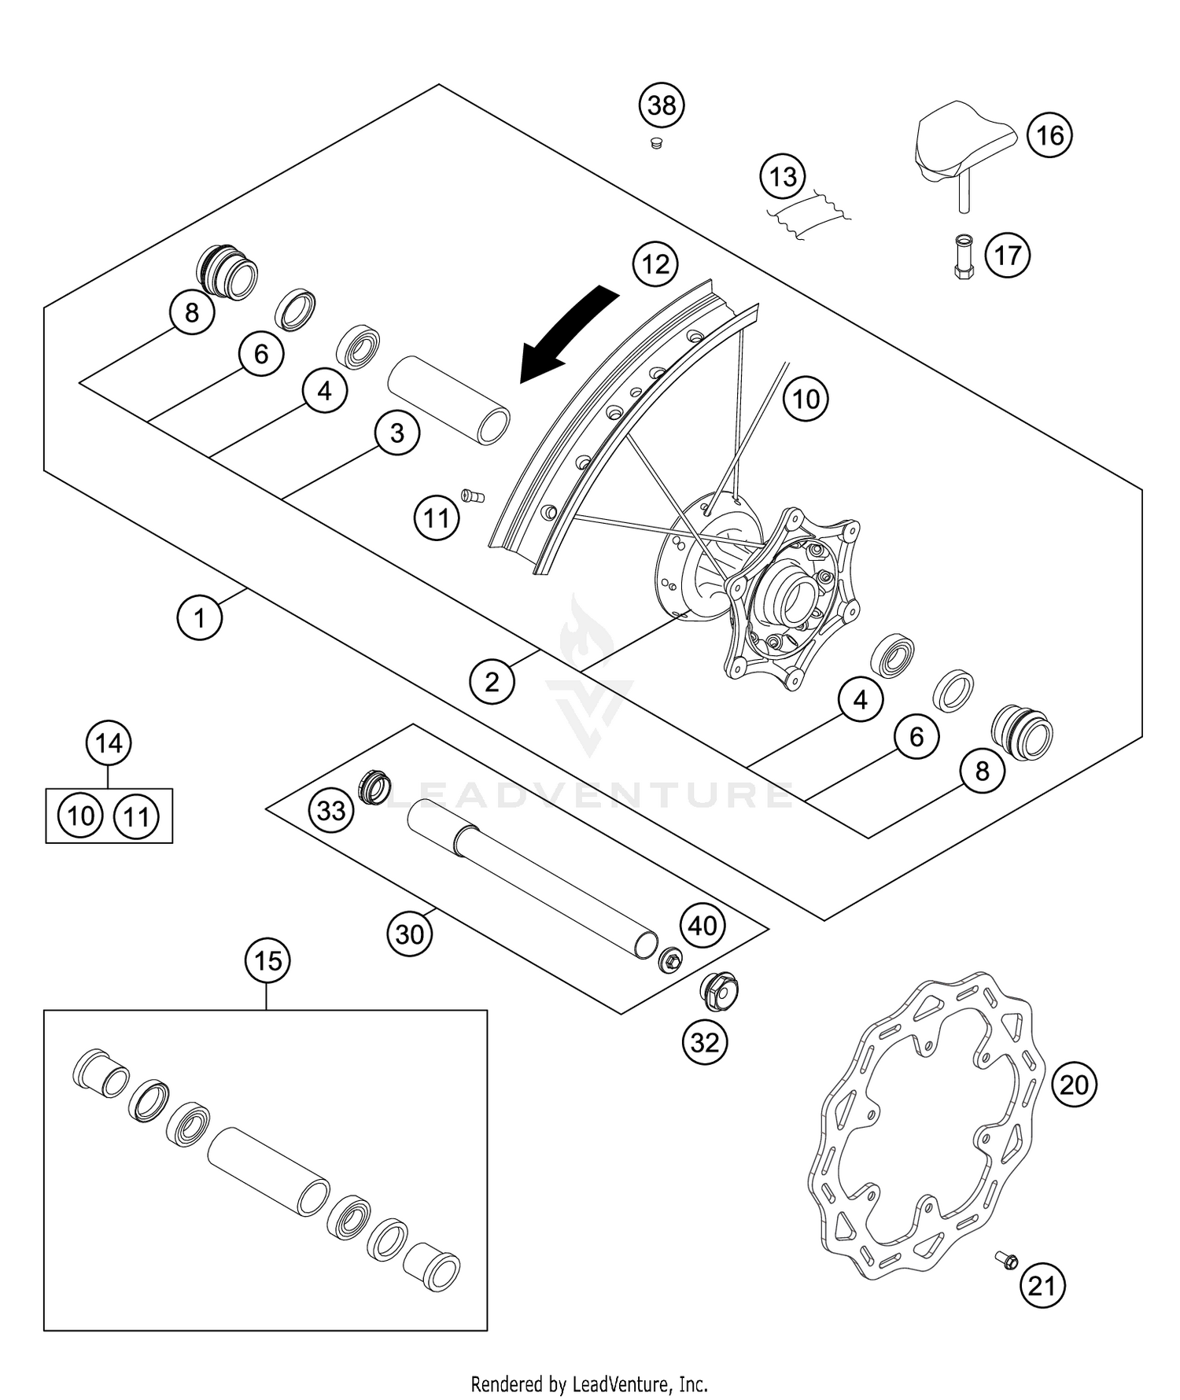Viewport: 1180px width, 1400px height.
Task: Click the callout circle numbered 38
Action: (x=662, y=105)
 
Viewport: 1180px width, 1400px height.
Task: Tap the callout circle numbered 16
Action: (x=1049, y=136)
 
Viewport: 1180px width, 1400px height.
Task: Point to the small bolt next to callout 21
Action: (x=1006, y=1260)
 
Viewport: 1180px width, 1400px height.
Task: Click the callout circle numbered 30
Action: (x=409, y=934)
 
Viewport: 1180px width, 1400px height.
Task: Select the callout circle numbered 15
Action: (x=267, y=961)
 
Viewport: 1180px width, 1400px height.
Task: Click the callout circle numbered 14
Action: (x=109, y=743)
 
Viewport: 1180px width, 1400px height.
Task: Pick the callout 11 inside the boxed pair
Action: (x=137, y=816)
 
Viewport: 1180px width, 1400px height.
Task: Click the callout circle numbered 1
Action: (x=200, y=617)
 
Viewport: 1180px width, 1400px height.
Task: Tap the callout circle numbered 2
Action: (x=492, y=681)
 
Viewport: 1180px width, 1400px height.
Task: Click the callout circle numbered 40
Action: (x=702, y=926)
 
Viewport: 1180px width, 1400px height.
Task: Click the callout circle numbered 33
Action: (x=331, y=809)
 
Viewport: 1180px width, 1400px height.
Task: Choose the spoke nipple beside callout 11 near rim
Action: (x=473, y=496)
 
